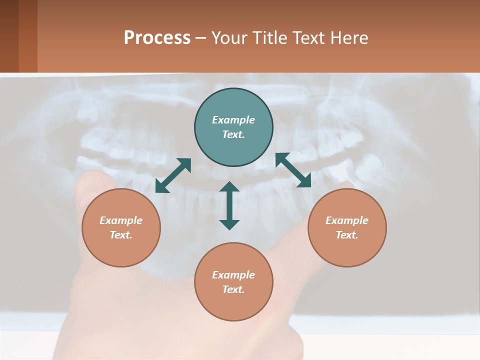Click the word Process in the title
(157, 38)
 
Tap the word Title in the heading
(270, 38)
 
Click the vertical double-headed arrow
(229, 206)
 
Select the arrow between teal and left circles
(173, 175)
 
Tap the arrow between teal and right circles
(293, 170)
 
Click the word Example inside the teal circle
(233, 120)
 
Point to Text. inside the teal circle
(233, 134)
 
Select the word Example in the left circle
(121, 220)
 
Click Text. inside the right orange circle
(347, 235)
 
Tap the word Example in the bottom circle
(233, 275)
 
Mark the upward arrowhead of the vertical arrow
(229, 187)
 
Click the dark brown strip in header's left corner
(9, 36)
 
